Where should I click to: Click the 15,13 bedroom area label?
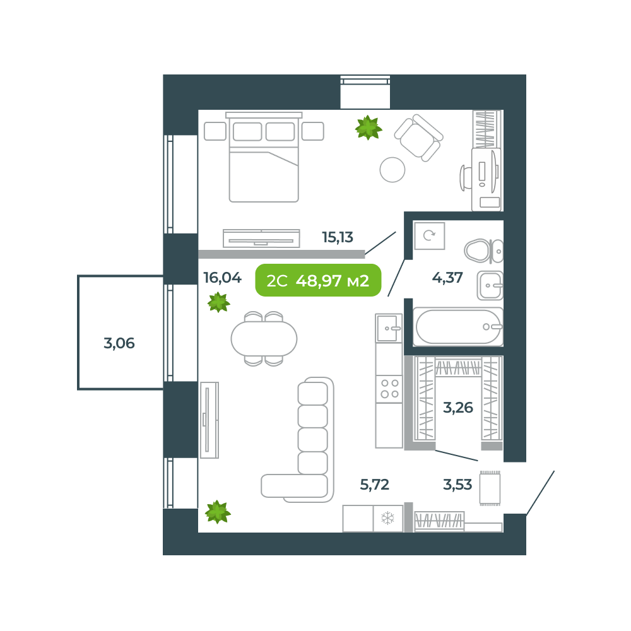(x=338, y=238)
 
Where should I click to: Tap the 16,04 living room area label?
(x=222, y=278)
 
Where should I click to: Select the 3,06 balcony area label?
(x=119, y=344)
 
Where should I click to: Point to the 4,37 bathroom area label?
(x=447, y=277)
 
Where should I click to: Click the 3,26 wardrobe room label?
(x=458, y=408)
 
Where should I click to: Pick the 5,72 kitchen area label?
(x=375, y=485)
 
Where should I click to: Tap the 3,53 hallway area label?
(x=458, y=485)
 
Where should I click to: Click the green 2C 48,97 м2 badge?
(x=318, y=281)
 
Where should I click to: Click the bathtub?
(x=458, y=327)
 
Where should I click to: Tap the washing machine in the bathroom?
(x=429, y=236)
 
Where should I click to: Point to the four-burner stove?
(x=389, y=389)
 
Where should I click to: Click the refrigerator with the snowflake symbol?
(x=387, y=519)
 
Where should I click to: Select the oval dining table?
(x=264, y=339)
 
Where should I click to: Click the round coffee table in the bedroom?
(x=392, y=170)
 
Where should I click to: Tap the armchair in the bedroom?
(x=418, y=137)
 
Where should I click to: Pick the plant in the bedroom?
(x=368, y=127)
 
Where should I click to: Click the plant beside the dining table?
(x=218, y=302)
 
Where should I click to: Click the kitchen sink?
(x=388, y=328)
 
